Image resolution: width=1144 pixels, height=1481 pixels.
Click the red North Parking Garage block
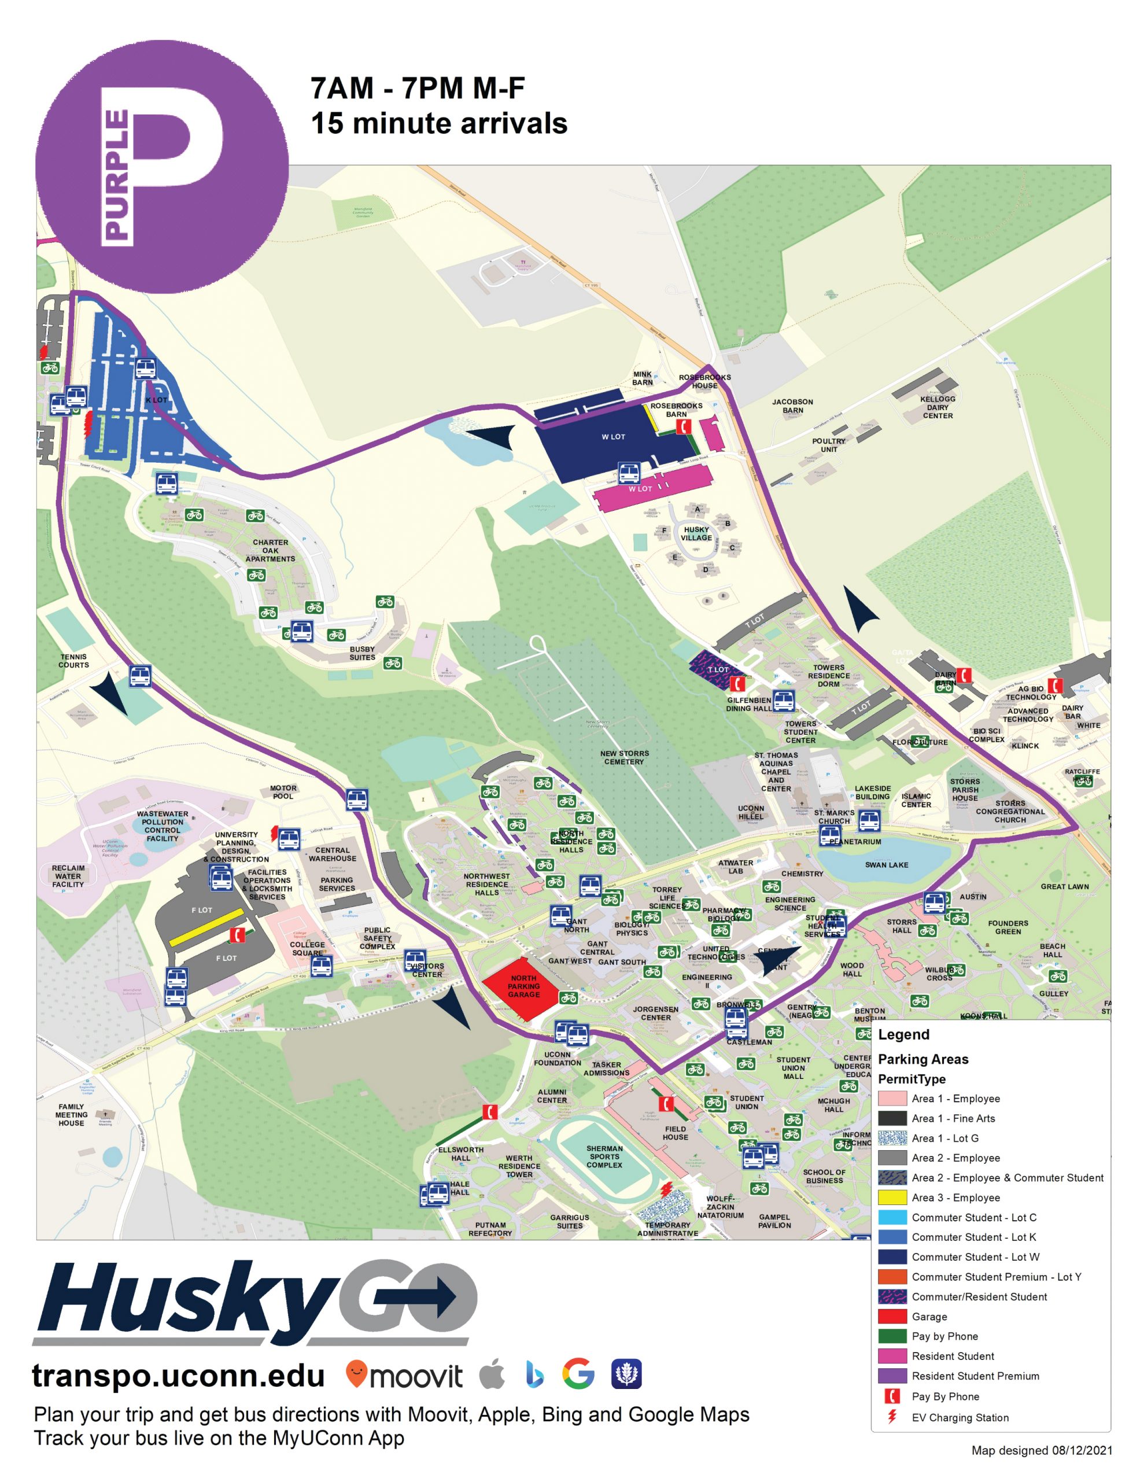click(x=521, y=986)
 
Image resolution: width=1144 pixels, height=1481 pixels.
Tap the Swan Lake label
click(x=885, y=865)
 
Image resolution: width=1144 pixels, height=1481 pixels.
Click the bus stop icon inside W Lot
click(x=629, y=473)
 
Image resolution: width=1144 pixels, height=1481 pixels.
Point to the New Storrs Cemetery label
click(x=624, y=757)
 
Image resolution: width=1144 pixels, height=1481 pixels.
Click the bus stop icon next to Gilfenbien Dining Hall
click(x=783, y=701)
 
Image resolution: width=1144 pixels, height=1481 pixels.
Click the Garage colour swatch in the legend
click(x=892, y=1317)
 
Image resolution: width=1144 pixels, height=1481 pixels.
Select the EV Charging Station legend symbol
click(x=892, y=1417)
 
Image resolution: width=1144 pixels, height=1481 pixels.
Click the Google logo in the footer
click(x=578, y=1375)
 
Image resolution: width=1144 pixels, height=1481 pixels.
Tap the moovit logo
click(x=404, y=1375)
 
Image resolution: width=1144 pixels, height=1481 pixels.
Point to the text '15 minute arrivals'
click(x=439, y=123)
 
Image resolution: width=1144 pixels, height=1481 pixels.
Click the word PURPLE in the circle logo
click(x=117, y=176)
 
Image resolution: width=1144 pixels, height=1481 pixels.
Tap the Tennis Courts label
click(x=73, y=661)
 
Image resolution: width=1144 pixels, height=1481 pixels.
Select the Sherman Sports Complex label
click(x=604, y=1156)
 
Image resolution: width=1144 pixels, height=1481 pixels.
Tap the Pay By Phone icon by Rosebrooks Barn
click(x=683, y=426)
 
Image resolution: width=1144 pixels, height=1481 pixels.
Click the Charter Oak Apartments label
click(x=270, y=551)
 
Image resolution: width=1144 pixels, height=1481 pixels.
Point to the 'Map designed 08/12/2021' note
click(x=1042, y=1450)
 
